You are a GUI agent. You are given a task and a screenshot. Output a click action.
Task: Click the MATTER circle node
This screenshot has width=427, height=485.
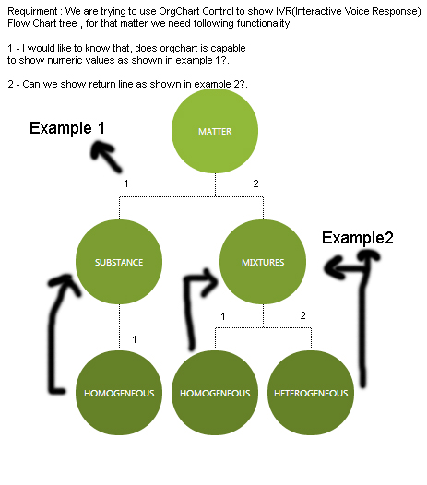click(x=215, y=131)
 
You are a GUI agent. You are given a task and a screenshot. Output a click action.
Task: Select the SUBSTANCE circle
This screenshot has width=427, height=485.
click(x=119, y=262)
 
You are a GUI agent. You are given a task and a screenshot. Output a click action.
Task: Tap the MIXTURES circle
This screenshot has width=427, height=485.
click(x=263, y=262)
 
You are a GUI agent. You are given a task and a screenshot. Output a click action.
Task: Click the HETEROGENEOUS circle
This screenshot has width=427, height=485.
click(x=311, y=393)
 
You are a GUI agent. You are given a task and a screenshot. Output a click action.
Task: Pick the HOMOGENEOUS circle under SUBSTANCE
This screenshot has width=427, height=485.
click(x=119, y=393)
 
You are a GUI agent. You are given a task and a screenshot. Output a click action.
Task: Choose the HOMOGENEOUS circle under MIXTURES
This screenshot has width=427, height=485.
click(x=215, y=393)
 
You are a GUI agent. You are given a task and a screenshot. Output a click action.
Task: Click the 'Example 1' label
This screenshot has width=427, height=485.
click(x=67, y=128)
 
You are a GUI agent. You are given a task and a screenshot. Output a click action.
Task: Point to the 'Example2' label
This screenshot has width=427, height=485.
click(x=358, y=238)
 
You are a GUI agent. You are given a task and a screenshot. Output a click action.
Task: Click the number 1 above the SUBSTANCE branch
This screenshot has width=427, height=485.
click(x=126, y=183)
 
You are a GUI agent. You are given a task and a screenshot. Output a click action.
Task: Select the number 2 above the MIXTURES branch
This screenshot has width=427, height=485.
click(x=255, y=183)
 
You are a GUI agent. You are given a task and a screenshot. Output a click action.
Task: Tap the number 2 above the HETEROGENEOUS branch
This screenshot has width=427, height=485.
click(x=302, y=315)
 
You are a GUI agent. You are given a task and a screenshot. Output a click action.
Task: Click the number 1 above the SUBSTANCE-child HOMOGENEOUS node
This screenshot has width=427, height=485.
click(x=135, y=339)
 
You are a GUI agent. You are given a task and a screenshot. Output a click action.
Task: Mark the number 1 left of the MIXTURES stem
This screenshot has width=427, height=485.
click(x=223, y=316)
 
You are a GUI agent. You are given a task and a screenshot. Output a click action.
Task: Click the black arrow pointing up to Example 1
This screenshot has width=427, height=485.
click(x=106, y=156)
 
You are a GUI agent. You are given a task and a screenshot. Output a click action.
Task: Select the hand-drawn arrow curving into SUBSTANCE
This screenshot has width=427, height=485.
click(x=55, y=328)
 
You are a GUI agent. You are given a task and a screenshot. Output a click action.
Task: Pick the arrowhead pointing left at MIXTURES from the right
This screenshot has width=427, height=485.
click(x=334, y=267)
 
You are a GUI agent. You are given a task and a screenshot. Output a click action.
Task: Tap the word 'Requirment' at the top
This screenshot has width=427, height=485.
click(x=32, y=11)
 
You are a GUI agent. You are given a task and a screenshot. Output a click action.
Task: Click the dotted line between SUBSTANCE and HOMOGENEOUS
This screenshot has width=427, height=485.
click(x=119, y=327)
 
